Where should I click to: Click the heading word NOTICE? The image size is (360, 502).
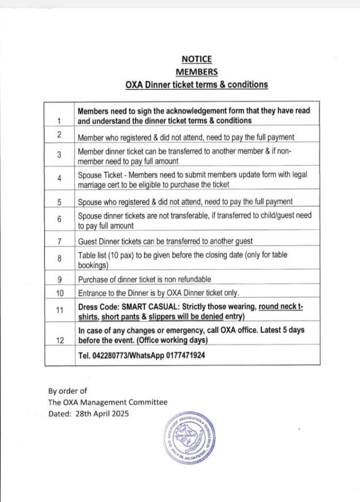[196, 59]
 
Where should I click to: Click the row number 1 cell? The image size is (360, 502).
[59, 121]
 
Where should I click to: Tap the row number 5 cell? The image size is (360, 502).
[59, 201]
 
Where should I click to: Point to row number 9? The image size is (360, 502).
[59, 279]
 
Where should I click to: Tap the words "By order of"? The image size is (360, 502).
[67, 391]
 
